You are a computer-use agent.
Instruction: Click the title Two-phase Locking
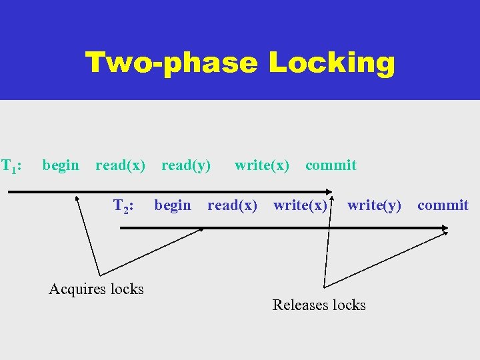tap(240, 63)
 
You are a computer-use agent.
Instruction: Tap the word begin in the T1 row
tap(61, 165)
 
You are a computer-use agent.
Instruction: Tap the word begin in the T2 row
tap(173, 205)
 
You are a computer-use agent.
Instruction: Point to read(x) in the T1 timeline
tap(120, 165)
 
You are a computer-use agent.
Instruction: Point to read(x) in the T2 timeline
tap(232, 205)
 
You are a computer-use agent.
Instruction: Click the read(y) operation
tap(186, 165)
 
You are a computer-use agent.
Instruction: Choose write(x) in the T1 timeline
tap(262, 165)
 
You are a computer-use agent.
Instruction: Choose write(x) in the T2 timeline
tap(301, 205)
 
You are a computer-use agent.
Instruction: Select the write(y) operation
tap(375, 205)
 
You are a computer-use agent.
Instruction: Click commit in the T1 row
tap(331, 165)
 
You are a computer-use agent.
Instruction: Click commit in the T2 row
tap(443, 205)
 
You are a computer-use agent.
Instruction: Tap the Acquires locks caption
tap(97, 289)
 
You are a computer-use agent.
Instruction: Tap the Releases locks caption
tap(319, 305)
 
